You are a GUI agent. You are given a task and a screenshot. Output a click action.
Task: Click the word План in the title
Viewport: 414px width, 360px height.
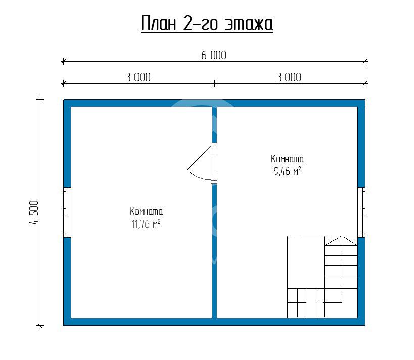pyautogui.click(x=158, y=23)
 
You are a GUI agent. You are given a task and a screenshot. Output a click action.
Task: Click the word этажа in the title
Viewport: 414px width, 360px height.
pyautogui.click(x=249, y=24)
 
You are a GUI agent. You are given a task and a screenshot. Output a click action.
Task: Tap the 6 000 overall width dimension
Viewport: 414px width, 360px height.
pyautogui.click(x=214, y=55)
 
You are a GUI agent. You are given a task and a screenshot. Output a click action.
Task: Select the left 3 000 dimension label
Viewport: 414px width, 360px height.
pyautogui.click(x=138, y=77)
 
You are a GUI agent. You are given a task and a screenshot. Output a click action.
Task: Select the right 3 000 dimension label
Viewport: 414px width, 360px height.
pyautogui.click(x=289, y=77)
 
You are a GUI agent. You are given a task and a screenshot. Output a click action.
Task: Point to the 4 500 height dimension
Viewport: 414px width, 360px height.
pyautogui.click(x=34, y=212)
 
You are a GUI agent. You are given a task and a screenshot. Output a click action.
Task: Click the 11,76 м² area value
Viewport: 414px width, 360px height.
pyautogui.click(x=146, y=224)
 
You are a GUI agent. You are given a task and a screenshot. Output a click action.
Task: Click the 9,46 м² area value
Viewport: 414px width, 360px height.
pyautogui.click(x=287, y=171)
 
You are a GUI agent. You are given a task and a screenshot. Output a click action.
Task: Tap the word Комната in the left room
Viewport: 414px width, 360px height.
pyautogui.click(x=146, y=211)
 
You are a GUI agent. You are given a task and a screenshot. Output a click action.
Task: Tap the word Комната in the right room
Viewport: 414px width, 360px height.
pyautogui.click(x=287, y=159)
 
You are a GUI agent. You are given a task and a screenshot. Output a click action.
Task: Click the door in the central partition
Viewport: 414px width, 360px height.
pyautogui.click(x=214, y=163)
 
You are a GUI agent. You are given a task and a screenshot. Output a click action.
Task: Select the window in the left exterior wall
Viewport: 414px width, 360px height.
pyautogui.click(x=67, y=212)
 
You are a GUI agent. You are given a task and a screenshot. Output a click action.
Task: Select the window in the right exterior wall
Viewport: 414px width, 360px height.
pyautogui.click(x=361, y=212)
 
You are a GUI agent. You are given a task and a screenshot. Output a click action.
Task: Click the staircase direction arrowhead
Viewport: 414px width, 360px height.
pyautogui.click(x=342, y=241)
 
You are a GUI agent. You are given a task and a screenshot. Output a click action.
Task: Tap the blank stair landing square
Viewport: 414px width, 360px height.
pyautogui.click(x=306, y=262)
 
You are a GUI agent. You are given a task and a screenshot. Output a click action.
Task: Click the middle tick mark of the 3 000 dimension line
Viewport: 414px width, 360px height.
pyautogui.click(x=214, y=84)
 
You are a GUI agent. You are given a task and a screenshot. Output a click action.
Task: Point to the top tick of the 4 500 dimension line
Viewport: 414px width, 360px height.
pyautogui.click(x=40, y=99)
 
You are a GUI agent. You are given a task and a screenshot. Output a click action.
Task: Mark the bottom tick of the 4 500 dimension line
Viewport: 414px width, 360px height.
pyautogui.click(x=40, y=326)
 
